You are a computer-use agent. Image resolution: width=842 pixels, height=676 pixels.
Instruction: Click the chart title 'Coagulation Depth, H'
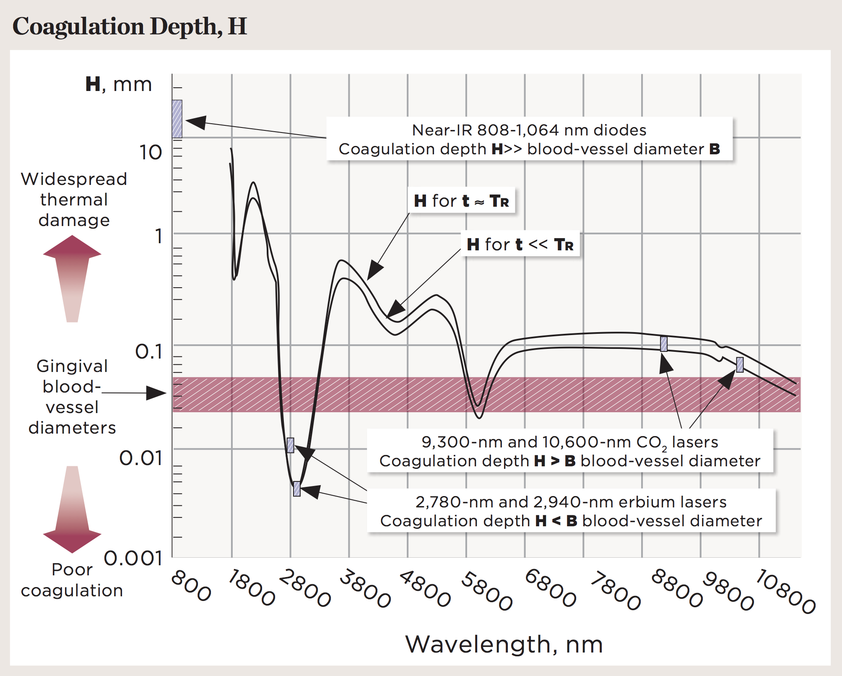pos(130,26)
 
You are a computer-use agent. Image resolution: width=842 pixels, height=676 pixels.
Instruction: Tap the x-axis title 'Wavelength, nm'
pos(504,644)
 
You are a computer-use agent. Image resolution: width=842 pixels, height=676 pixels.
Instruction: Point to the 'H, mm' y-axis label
pos(118,84)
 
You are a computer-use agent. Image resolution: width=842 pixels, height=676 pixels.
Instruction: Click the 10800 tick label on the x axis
pos(786,591)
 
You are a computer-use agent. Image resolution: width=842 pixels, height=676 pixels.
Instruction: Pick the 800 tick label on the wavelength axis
pos(191,585)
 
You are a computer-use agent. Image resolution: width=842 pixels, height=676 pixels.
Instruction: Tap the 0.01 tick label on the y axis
pos(141,458)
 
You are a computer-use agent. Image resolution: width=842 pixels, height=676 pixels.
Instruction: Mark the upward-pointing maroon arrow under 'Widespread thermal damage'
pos(72,277)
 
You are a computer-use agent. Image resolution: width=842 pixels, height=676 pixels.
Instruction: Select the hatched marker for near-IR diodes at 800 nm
pos(177,119)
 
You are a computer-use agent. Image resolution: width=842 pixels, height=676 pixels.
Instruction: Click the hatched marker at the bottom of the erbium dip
pos(297,489)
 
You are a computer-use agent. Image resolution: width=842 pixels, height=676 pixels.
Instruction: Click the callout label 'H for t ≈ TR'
pos(461,201)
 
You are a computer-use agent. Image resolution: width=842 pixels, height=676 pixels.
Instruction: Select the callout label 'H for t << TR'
pos(520,244)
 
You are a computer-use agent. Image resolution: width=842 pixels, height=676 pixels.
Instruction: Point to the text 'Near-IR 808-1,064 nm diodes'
pos(529,130)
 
